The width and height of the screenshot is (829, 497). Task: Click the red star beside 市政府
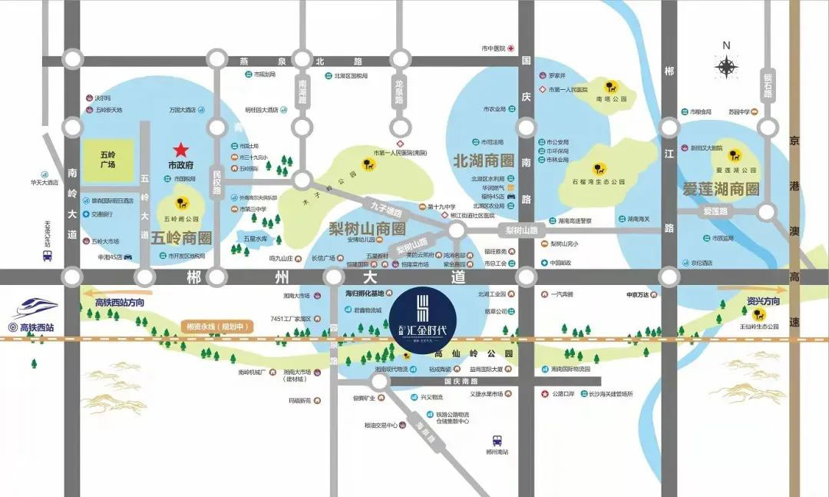[181, 149]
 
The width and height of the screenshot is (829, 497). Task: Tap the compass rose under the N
[726, 67]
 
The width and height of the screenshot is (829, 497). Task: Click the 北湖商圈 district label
[483, 161]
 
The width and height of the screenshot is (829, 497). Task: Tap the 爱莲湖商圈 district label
[720, 188]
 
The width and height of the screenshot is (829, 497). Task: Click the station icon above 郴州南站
[497, 441]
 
